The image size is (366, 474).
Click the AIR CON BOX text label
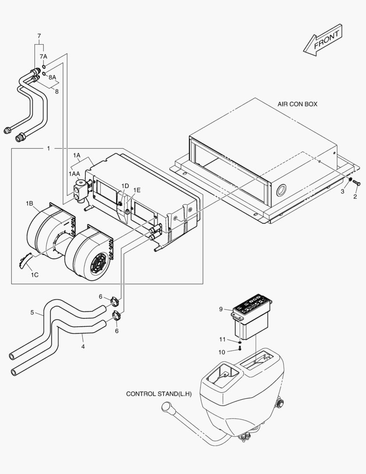[297, 104]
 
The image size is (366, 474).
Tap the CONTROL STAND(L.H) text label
[159, 394]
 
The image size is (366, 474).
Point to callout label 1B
[29, 203]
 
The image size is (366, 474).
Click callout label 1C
[34, 275]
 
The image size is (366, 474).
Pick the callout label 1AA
[74, 174]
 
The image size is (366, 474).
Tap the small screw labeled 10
[240, 348]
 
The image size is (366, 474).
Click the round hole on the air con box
[280, 190]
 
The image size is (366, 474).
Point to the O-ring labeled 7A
[44, 66]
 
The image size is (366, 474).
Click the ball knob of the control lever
[167, 409]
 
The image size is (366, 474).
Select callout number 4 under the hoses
[83, 346]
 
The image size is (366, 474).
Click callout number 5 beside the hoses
[32, 312]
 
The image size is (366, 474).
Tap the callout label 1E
[137, 190]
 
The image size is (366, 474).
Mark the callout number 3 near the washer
[343, 192]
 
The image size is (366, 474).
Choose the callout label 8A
[52, 77]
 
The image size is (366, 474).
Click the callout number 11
[222, 339]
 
